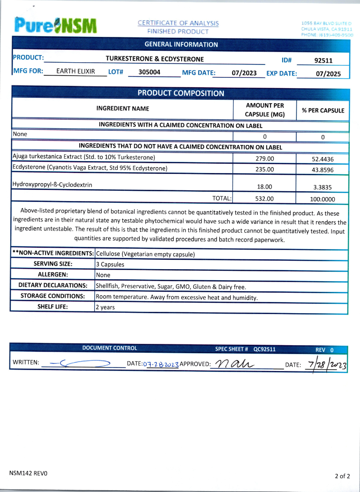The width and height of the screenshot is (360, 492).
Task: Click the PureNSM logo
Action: pos(55,25)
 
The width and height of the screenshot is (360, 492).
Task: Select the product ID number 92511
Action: pos(324,60)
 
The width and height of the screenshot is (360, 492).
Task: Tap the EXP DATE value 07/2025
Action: pos(328,74)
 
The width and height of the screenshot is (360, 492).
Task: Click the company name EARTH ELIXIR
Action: pos(76,71)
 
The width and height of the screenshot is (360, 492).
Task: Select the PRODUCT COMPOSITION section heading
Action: pos(181,93)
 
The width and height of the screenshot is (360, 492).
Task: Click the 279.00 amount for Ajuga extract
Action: pos(264,158)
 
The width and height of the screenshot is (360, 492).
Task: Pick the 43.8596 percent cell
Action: pos(323,169)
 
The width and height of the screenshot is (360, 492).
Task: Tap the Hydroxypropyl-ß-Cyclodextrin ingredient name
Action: pos(53,185)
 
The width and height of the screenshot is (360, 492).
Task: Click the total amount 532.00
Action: pos(264,199)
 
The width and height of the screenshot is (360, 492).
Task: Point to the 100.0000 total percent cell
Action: pos(323,199)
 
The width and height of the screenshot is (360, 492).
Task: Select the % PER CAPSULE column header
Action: pos(323,111)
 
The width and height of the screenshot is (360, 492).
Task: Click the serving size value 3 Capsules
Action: pos(110,264)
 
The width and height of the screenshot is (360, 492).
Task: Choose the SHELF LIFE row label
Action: pos(53,306)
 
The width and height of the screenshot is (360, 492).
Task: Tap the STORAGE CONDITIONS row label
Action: pos(53,296)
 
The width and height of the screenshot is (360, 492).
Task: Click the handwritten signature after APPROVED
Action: pos(233,363)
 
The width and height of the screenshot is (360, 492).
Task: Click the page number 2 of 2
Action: pos(342,476)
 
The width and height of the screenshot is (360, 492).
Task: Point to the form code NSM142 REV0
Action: pos(28,473)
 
